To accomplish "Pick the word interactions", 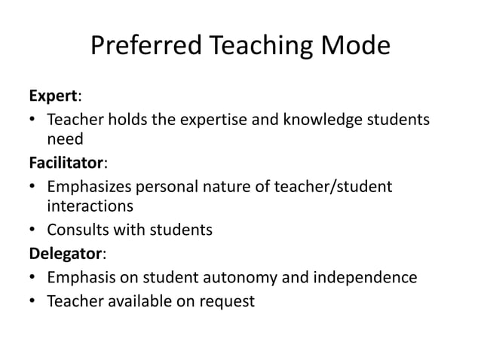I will [x=90, y=206].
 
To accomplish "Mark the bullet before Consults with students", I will [x=33, y=229].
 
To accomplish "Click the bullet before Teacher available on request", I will [x=33, y=301].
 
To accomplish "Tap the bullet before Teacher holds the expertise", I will [x=33, y=120].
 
